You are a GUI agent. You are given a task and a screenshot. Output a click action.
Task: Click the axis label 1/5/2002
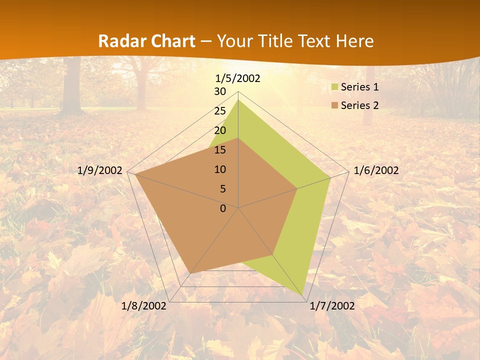pos(238,78)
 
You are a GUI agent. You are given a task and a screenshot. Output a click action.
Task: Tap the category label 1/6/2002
pos(376,170)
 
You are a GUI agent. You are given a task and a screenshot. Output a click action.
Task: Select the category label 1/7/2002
pos(332,306)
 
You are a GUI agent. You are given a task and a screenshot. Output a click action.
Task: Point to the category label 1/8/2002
pos(144,306)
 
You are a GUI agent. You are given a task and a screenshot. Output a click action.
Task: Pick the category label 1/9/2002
pos(100,170)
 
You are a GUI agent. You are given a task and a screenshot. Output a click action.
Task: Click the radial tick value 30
pos(220,91)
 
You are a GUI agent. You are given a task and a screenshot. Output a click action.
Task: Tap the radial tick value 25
pos(220,111)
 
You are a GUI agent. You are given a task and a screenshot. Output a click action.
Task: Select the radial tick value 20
pos(220,130)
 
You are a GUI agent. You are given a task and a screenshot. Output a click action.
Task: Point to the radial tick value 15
pos(220,150)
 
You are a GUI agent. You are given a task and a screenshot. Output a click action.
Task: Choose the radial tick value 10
pos(220,169)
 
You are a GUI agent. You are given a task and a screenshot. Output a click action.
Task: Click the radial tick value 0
pos(223,208)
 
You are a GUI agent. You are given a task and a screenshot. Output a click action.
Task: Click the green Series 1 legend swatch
pos(335,87)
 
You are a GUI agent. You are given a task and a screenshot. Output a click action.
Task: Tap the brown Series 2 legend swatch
pos(335,105)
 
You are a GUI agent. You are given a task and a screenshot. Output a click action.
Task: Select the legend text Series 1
pos(359,87)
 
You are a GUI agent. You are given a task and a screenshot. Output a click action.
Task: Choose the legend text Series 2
pos(359,105)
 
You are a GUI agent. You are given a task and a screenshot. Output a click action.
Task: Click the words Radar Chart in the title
pos(146,41)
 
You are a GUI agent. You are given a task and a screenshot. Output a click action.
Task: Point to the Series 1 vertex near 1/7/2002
pos(303,295)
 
